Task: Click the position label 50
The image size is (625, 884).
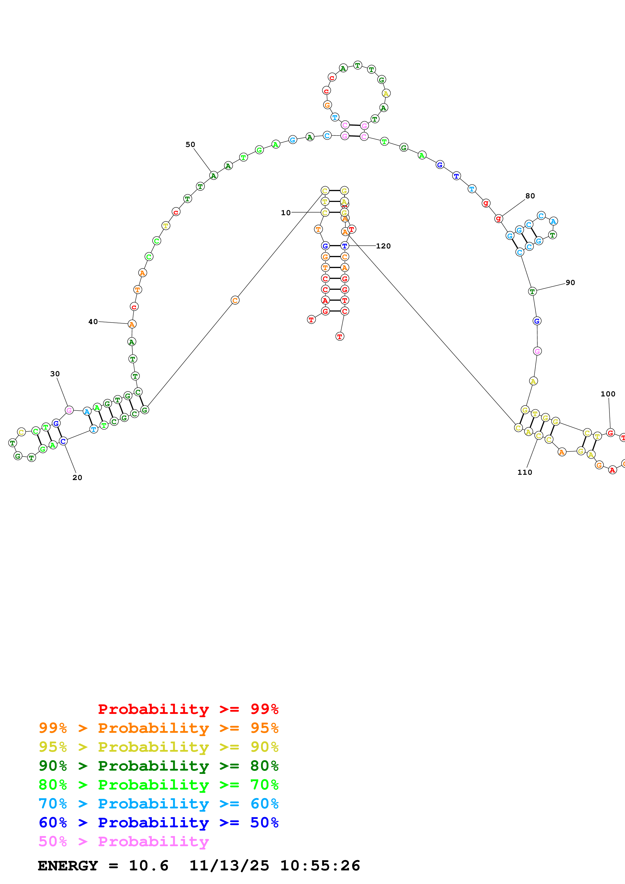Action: point(190,144)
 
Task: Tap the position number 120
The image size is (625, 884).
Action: point(383,246)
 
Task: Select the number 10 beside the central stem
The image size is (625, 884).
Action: point(286,212)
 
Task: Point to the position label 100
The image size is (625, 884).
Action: point(608,394)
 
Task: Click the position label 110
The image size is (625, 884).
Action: point(524,472)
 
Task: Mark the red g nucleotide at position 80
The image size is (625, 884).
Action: point(498,218)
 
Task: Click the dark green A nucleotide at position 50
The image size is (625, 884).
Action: point(213,176)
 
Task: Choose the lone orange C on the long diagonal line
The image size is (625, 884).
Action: point(235,300)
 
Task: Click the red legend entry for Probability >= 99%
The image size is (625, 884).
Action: point(188,709)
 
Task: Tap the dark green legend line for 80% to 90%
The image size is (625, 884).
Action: point(158,766)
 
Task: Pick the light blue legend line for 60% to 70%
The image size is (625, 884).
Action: point(158,804)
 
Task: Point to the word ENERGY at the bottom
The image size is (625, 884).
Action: point(68,866)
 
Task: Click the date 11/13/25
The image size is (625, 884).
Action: point(229,866)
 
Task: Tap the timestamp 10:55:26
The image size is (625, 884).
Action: point(320,866)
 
